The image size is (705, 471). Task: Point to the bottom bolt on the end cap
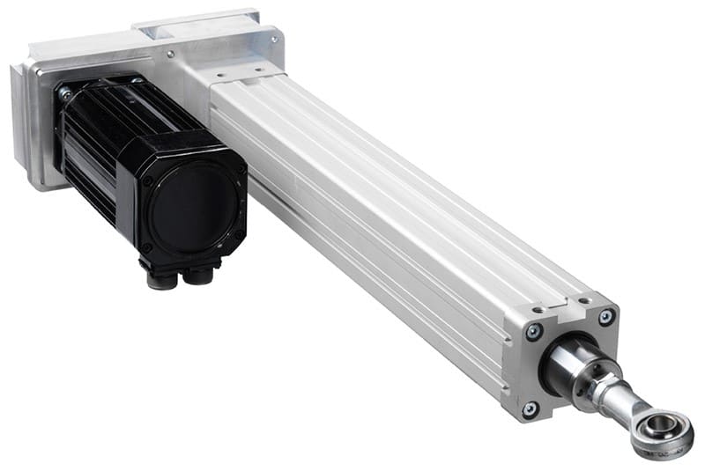pyautogui.click(x=530, y=408)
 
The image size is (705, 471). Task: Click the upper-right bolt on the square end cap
pyautogui.click(x=606, y=316)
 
